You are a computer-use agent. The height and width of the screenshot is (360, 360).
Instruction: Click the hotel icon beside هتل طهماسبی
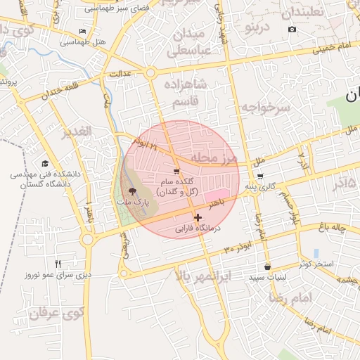coord(83,32)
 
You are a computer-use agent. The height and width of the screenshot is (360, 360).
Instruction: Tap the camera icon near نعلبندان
coord(292,29)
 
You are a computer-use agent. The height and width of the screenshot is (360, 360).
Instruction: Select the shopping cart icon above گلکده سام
coord(176,172)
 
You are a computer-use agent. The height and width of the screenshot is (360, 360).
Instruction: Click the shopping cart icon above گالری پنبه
coord(260,176)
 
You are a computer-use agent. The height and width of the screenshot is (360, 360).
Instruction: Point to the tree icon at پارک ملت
coord(130,191)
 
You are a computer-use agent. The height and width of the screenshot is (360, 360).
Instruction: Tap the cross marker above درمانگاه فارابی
coord(198,218)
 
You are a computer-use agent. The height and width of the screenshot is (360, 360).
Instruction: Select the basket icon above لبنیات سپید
coord(267,267)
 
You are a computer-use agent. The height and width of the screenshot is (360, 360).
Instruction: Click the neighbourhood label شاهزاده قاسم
coord(187,93)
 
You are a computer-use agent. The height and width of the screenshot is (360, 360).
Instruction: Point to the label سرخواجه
coord(264,108)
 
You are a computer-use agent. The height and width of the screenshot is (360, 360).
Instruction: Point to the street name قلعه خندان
coord(62,87)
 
